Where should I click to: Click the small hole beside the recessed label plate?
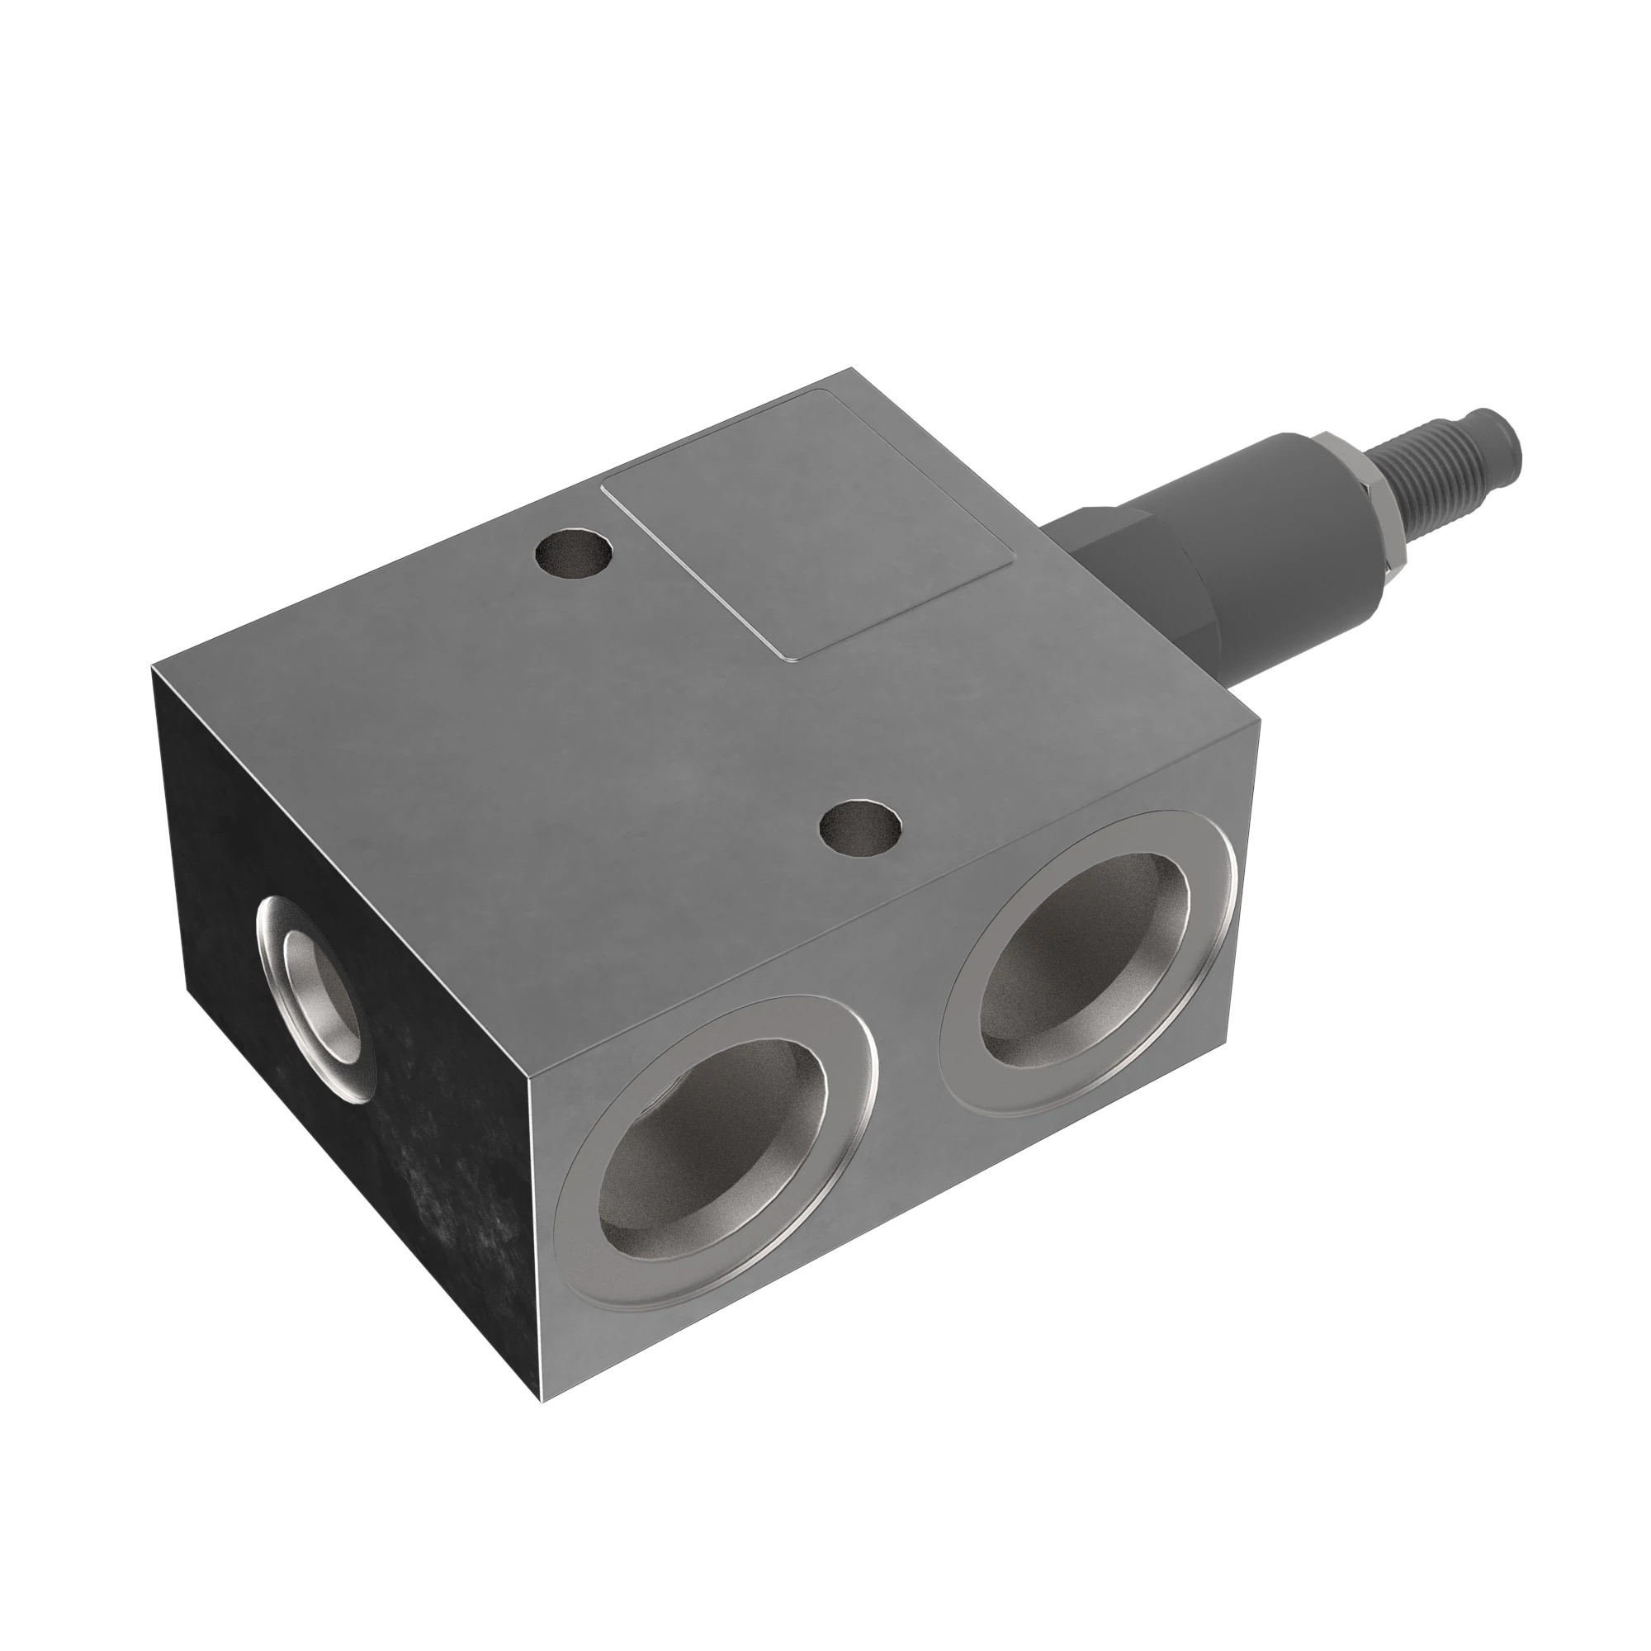(574, 555)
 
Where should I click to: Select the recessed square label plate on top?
(807, 524)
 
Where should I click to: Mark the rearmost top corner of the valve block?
(851, 369)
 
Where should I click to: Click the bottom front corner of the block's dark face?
(541, 1400)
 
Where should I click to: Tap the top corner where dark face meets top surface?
(152, 665)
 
